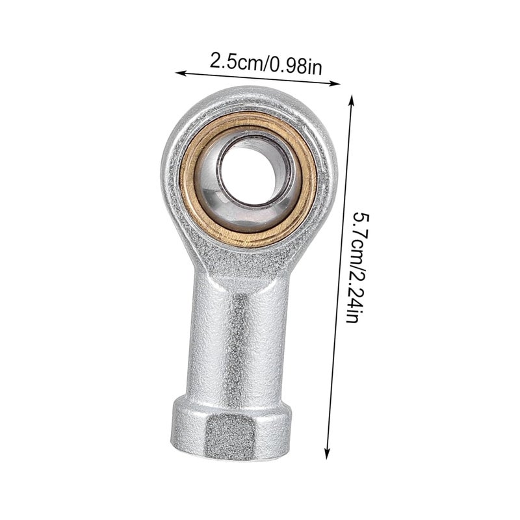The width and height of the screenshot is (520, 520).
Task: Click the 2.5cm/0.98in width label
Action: point(266,64)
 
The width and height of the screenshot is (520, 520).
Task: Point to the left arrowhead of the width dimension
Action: point(179,72)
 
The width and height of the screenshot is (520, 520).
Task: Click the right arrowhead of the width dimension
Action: point(336,83)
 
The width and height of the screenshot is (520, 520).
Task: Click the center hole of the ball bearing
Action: point(251,175)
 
